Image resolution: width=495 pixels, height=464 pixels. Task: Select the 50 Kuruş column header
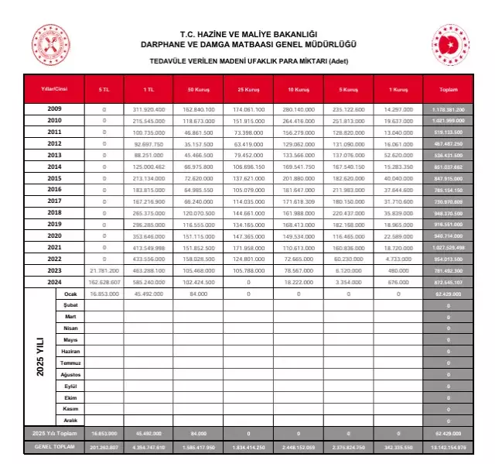197,90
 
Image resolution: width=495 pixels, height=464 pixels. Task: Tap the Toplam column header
448,90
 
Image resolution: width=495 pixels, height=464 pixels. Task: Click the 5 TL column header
104,90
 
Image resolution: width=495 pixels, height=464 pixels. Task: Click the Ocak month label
71,294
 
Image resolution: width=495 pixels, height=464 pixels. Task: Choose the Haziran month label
71,352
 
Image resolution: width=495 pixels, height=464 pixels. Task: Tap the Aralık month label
71,420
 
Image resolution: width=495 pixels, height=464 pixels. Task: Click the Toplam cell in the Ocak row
448,294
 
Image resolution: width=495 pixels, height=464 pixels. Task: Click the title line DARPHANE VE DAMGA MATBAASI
248,44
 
